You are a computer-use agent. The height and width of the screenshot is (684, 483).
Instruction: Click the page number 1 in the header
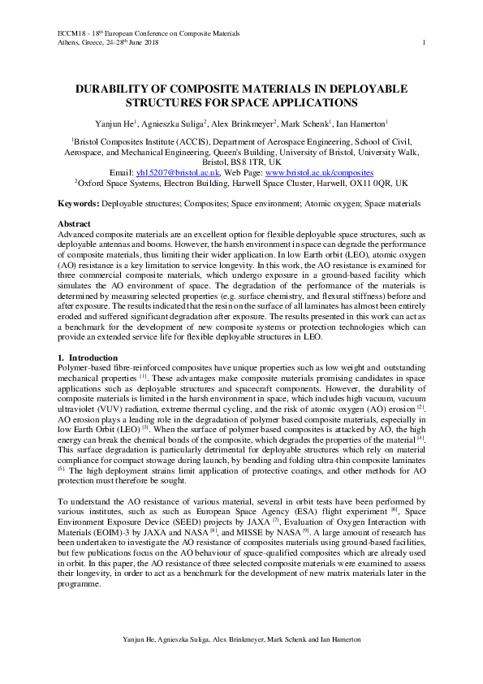[425, 42]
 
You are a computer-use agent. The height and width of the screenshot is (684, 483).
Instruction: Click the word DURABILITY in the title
[115, 89]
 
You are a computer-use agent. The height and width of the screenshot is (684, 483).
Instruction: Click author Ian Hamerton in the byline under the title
[362, 123]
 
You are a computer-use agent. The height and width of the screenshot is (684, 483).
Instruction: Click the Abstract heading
[75, 223]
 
